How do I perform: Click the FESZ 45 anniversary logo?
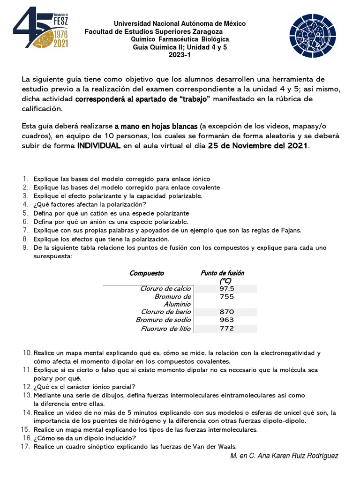(x=41, y=28)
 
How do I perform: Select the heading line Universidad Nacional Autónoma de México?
(x=180, y=23)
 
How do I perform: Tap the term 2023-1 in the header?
(x=180, y=55)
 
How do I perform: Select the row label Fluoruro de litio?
(x=166, y=328)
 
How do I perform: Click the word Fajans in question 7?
(x=291, y=230)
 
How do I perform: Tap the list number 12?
(x=26, y=387)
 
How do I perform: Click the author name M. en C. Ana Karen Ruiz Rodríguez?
(x=284, y=456)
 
